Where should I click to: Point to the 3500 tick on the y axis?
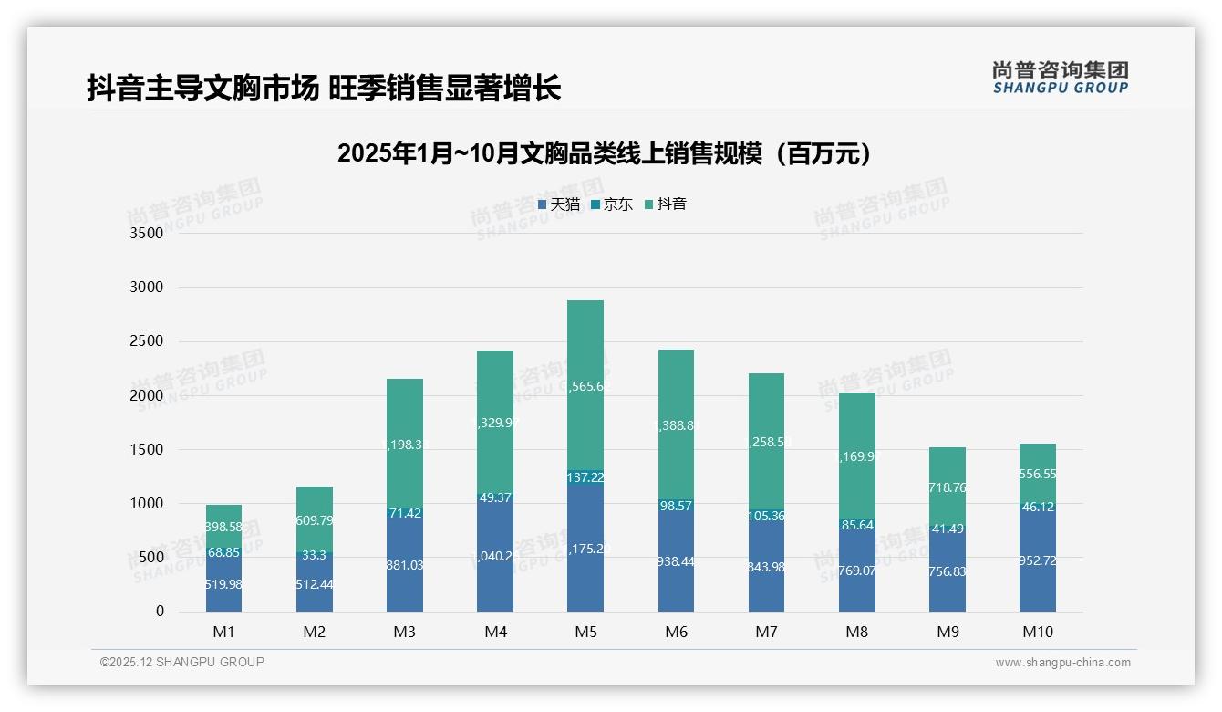pos(146,234)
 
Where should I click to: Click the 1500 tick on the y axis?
pos(146,450)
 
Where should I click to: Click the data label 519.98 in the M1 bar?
pos(223,584)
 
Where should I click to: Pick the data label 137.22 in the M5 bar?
pos(585,477)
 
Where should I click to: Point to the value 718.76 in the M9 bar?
pos(947,488)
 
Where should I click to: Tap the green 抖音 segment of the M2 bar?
pos(315,520)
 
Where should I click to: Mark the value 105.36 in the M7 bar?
pos(766,516)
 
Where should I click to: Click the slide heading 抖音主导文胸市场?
pos(202,89)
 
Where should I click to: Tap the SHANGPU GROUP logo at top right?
pos(1060,78)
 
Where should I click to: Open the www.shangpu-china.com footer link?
pos(1062,663)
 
